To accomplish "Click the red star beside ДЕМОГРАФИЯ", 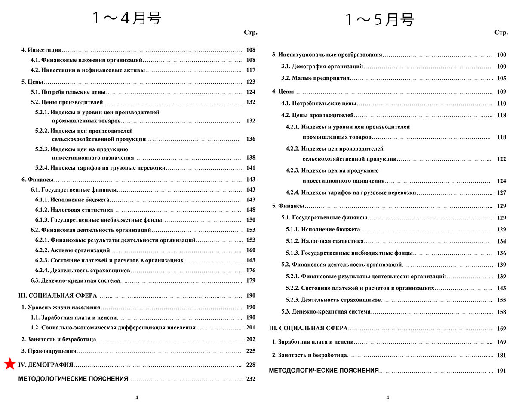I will (x=9, y=365).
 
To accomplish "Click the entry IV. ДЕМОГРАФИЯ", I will (x=46, y=365).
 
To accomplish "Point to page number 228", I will (x=251, y=365).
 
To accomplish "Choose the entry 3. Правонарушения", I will (x=49, y=351).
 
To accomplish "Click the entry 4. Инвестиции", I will (x=42, y=50).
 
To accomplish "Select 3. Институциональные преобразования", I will (x=327, y=55).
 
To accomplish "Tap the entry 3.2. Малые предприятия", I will (x=315, y=79).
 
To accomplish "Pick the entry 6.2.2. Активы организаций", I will (x=73, y=250).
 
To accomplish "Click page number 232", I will (x=251, y=379).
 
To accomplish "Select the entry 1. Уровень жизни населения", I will (x=61, y=307).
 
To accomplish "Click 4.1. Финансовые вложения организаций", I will (x=86, y=60).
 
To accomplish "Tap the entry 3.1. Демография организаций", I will (x=322, y=67).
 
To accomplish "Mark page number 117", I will (x=251, y=70).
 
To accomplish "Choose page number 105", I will (x=501, y=79).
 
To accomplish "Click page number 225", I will (x=251, y=351).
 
